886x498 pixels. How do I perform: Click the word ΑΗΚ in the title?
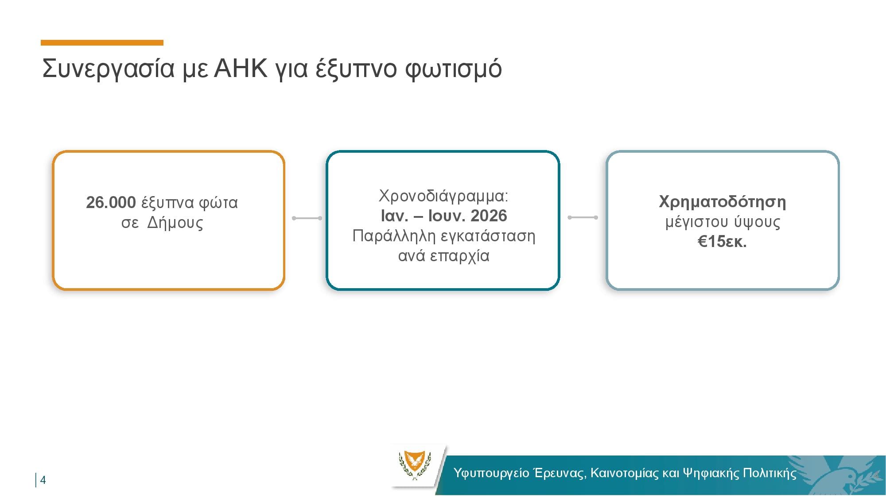point(241,68)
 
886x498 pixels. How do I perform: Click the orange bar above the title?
point(102,42)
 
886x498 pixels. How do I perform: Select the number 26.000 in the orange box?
point(111,202)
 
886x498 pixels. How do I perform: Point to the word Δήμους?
point(175,222)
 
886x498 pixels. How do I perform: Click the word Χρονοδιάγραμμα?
point(443,196)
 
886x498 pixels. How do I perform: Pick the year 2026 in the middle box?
point(489,216)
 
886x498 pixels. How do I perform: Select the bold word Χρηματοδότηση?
point(723,202)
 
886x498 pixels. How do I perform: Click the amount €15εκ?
point(722,242)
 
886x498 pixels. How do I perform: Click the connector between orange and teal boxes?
point(307,218)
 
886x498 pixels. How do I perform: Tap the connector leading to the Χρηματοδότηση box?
point(583,217)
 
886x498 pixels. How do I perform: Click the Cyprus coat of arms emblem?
point(415,465)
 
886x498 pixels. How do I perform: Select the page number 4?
point(43,480)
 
